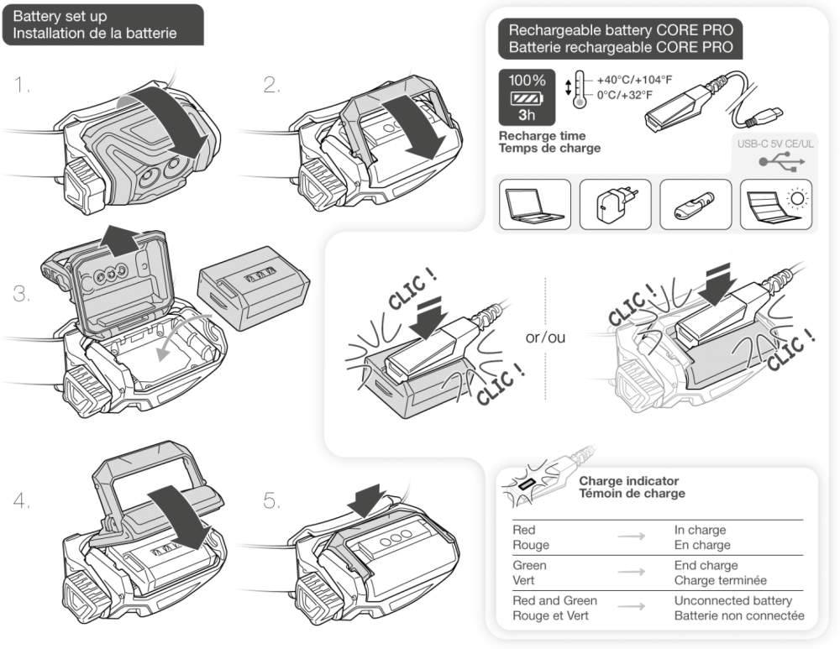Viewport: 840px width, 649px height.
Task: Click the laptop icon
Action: pos(534,204)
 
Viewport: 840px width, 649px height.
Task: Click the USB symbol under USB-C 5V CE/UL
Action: pos(777,160)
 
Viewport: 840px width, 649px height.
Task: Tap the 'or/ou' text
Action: pos(545,338)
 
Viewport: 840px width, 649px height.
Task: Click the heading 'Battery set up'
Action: pos(60,16)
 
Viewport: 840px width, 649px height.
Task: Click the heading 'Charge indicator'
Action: pos(628,481)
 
